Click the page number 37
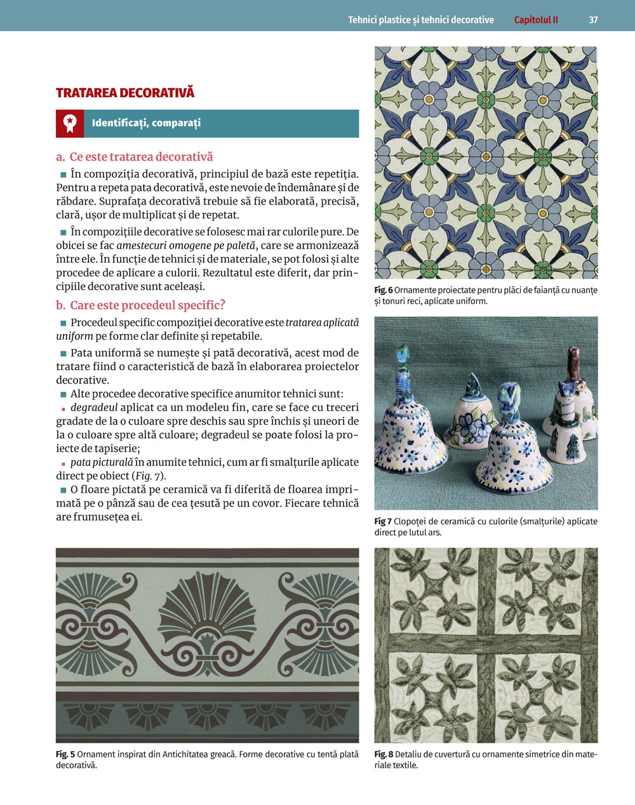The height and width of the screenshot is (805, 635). pyautogui.click(x=593, y=20)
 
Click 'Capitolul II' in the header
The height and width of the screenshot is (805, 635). pyautogui.click(x=536, y=20)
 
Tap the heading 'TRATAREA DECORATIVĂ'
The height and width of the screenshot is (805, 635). pyautogui.click(x=125, y=93)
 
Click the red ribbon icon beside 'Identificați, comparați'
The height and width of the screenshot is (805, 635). pyautogui.click(x=70, y=123)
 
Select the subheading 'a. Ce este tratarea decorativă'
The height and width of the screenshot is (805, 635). pyautogui.click(x=135, y=157)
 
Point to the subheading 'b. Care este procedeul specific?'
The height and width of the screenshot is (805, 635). pyautogui.click(x=140, y=305)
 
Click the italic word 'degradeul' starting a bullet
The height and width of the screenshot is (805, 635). pyautogui.click(x=94, y=408)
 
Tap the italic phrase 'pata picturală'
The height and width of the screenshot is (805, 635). pyautogui.click(x=102, y=462)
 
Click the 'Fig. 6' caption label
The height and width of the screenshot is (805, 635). pyautogui.click(x=383, y=290)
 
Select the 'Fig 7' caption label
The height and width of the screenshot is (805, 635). pyautogui.click(x=382, y=521)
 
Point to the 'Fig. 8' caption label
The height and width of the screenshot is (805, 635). pyautogui.click(x=384, y=754)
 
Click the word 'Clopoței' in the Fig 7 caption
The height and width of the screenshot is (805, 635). pyautogui.click(x=409, y=521)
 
